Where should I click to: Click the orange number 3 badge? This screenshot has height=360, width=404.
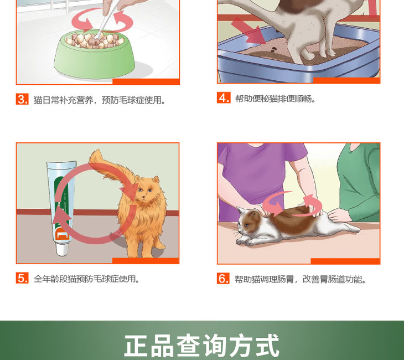pyautogui.click(x=22, y=99)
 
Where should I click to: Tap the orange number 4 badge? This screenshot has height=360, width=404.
pyautogui.click(x=224, y=97)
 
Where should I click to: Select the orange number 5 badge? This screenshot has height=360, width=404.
pyautogui.click(x=22, y=278)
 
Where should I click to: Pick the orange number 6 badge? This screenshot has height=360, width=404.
pyautogui.click(x=223, y=278)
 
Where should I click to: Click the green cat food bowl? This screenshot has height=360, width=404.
pyautogui.click(x=94, y=55)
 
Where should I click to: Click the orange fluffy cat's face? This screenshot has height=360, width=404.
pyautogui.click(x=146, y=192)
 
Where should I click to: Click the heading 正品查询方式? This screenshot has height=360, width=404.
pyautogui.click(x=202, y=345)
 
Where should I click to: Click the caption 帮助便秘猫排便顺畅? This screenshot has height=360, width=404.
pyautogui.click(x=275, y=99)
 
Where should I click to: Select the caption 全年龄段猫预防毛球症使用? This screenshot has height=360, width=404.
pyautogui.click(x=87, y=279)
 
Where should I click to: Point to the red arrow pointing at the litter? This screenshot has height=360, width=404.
pyautogui.click(x=248, y=30)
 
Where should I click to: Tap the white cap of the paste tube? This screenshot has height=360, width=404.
pyautogui.click(x=62, y=249)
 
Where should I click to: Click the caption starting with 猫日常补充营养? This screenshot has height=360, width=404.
pyautogui.click(x=100, y=100)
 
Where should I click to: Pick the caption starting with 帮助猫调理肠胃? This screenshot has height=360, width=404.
pyautogui.click(x=301, y=279)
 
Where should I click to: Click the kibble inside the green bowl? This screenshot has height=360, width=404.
pyautogui.click(x=94, y=40)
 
